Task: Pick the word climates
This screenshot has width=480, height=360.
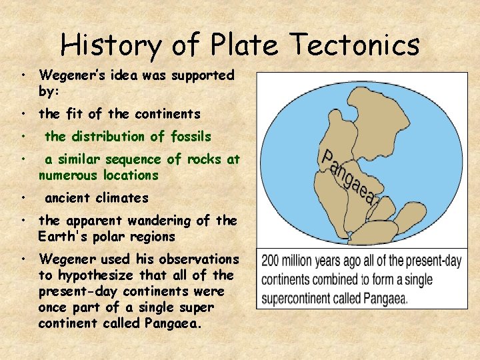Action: [x=122, y=198]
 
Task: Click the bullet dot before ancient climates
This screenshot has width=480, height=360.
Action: [x=23, y=198]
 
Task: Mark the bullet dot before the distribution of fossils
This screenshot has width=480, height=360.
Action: [x=23, y=137]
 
